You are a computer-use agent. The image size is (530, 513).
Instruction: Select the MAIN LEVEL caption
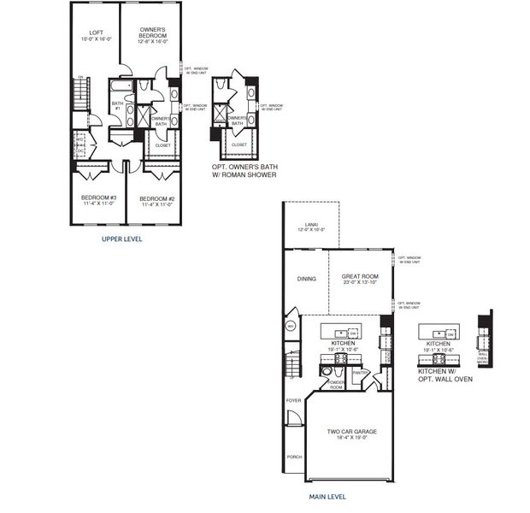(327, 495)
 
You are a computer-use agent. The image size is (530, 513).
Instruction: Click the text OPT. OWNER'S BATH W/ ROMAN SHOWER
(244, 171)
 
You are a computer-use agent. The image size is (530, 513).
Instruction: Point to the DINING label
(306, 279)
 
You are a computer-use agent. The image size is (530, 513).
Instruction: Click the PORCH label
(294, 457)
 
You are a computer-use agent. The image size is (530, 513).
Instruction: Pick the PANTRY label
(358, 372)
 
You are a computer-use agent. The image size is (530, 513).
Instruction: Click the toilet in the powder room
(326, 373)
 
